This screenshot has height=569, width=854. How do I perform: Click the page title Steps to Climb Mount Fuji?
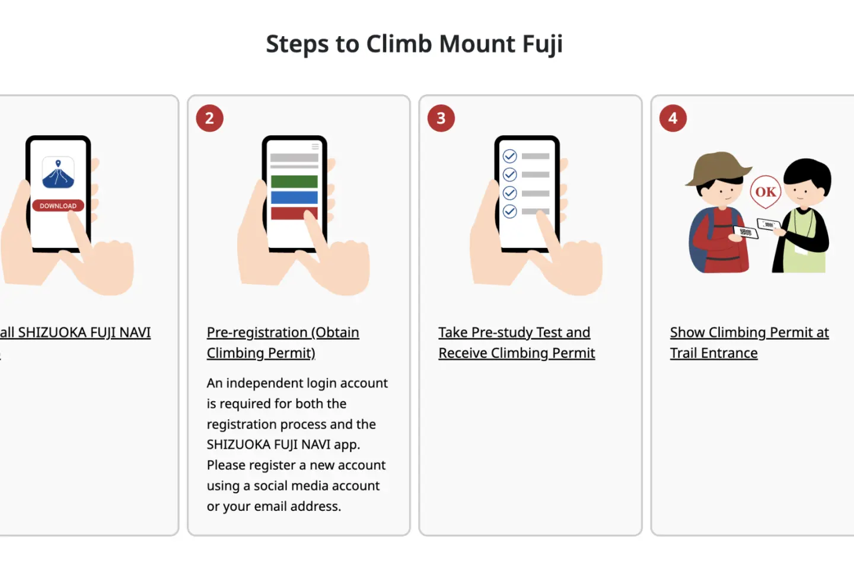click(x=414, y=44)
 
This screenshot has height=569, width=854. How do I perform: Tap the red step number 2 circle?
click(x=210, y=118)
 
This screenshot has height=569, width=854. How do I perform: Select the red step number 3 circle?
click(x=441, y=118)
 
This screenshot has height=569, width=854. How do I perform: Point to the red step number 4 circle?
click(x=673, y=118)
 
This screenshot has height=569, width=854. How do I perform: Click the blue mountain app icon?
click(x=58, y=172)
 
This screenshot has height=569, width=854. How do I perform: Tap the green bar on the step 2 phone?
click(x=294, y=181)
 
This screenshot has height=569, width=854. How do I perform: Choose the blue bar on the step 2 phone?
click(x=294, y=197)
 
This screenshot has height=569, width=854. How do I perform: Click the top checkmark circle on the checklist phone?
click(x=510, y=156)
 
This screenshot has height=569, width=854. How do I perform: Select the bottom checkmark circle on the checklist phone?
click(x=510, y=211)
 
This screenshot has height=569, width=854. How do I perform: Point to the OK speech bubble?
click(x=765, y=192)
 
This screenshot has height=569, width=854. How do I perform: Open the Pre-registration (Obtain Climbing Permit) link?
click(x=283, y=343)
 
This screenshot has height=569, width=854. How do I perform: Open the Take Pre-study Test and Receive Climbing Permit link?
click(x=517, y=343)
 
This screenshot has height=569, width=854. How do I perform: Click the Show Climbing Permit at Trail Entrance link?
click(x=750, y=343)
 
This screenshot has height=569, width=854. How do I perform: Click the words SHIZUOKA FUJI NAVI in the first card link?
click(x=84, y=333)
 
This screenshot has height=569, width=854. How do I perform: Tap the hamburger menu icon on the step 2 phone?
click(x=316, y=146)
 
